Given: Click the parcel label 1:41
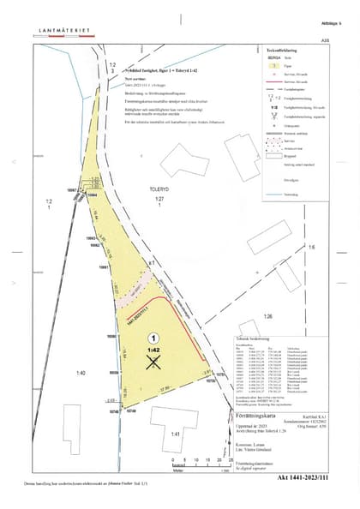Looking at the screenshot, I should click(x=175, y=434).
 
